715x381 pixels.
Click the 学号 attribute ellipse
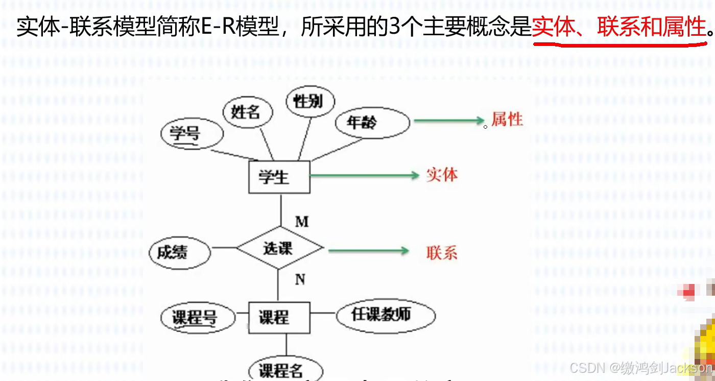coord(192,135)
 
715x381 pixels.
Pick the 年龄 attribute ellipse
coord(372,123)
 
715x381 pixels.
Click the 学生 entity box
coord(279,177)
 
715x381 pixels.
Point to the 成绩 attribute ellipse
coord(180,253)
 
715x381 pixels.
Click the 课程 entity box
coord(279,318)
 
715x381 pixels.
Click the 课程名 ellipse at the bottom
coord(285,370)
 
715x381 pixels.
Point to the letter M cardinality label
coord(302,221)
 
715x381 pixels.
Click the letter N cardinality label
coord(300,279)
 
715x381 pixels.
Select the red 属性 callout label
coord(507,120)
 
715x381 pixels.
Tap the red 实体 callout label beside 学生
coord(442,175)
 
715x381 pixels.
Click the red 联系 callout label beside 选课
coord(442,253)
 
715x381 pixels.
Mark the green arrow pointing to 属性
coord(449,121)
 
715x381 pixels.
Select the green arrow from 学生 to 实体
coord(364,176)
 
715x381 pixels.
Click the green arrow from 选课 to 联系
coord(368,251)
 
